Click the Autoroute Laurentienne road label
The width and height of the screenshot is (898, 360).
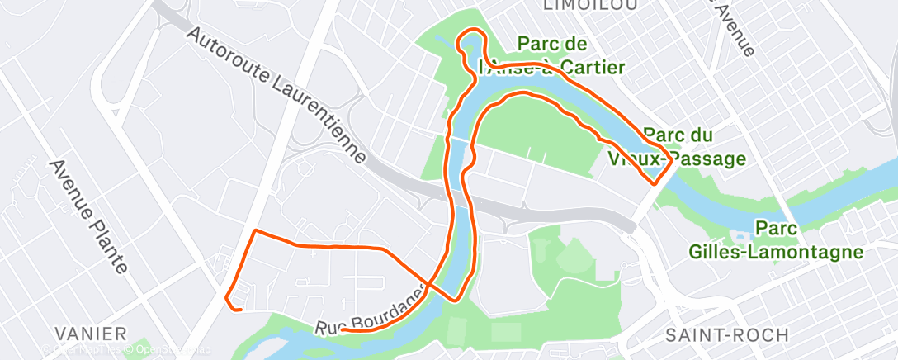pyautogui.click(x=277, y=94)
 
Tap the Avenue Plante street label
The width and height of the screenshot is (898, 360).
pyautogui.click(x=88, y=216)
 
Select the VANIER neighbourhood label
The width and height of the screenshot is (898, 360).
pyautogui.click(x=91, y=334)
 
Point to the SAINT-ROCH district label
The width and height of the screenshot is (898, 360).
pyautogui.click(x=727, y=334)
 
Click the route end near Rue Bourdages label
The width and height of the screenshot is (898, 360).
pyautogui.click(x=342, y=329)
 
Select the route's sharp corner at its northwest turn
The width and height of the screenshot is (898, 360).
pyautogui.click(x=256, y=230)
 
